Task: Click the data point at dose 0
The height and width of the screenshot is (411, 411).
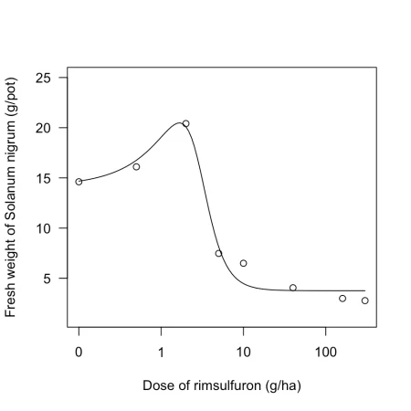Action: coord(79,182)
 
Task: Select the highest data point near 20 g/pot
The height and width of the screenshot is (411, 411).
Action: coord(185,123)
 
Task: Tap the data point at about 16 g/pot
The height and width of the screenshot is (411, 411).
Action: coord(136,167)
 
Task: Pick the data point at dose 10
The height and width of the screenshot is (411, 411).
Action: coord(243,263)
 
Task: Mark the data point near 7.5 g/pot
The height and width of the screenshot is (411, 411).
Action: coord(218,253)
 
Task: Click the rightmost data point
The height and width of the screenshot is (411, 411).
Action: coord(365,300)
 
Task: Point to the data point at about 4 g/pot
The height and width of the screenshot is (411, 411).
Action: coord(293,288)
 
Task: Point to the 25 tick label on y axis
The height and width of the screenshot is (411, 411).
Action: coord(43,79)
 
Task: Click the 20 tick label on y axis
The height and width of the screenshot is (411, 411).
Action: coord(43,128)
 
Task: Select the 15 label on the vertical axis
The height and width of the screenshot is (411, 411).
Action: coord(43,178)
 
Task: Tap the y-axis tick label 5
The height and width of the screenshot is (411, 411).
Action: coord(47,279)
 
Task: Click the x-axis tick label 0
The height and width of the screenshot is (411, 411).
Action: coord(79,353)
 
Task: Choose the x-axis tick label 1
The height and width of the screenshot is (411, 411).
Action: coord(161,353)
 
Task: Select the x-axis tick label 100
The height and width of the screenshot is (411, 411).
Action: coord(326,353)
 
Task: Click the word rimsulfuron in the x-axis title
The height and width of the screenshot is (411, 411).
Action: coord(227,385)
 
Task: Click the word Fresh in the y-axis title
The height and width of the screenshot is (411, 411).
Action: coord(11,301)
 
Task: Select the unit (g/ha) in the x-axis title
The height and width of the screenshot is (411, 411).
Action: coord(283,386)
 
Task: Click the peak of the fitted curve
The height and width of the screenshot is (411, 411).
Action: coord(179,122)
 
